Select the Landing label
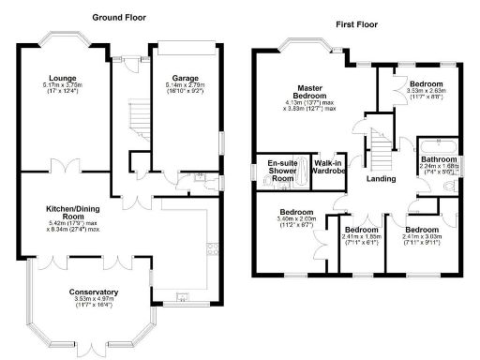pos(381,178)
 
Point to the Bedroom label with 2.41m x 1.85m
pos(362,229)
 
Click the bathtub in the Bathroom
pos(437,145)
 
